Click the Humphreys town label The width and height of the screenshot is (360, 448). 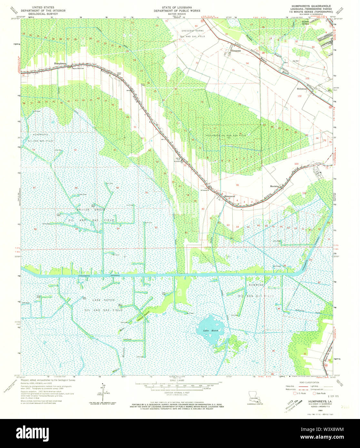[60, 63]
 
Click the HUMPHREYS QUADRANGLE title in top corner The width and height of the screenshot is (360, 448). [311, 6]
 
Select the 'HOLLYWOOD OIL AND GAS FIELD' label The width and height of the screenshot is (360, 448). [226, 135]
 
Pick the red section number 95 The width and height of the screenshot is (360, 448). [237, 185]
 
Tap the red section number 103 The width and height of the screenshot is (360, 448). [296, 164]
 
